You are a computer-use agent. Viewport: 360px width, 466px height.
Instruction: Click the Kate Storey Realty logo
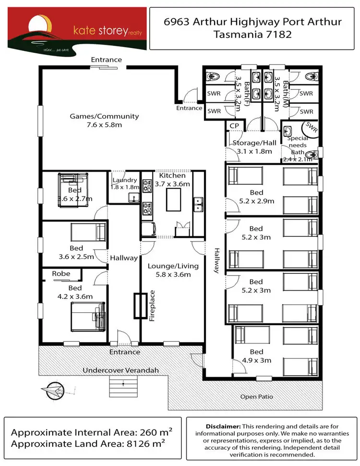[x=76, y=28]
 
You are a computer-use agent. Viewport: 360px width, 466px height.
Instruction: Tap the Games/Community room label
[x=104, y=116]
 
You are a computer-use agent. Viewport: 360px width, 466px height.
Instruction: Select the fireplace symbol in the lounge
[x=139, y=306]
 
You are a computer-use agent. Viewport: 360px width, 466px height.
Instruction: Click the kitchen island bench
[x=174, y=199]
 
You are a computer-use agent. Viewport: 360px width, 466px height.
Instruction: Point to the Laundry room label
[x=125, y=181]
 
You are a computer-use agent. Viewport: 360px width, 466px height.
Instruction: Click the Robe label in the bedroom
[x=61, y=274]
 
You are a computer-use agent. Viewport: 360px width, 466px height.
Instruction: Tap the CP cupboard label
[x=235, y=125]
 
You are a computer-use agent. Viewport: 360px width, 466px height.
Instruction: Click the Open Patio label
[x=257, y=397]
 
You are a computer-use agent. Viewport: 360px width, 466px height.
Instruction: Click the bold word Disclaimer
[x=223, y=426]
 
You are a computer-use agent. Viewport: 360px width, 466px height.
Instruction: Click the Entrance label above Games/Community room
[x=106, y=60]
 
